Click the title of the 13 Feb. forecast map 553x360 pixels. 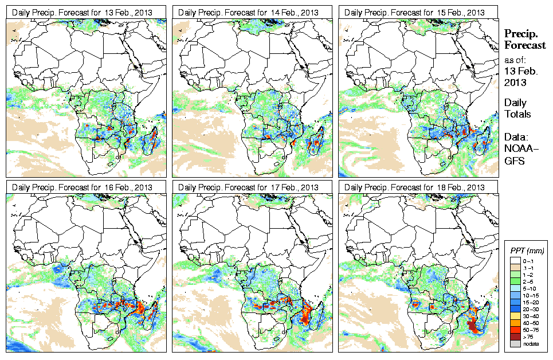tap(83, 13)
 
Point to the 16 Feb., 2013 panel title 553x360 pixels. tap(83, 187)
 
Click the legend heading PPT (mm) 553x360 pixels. tap(527, 251)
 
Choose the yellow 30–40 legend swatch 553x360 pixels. tap(515, 316)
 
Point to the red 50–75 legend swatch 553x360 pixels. tap(515, 330)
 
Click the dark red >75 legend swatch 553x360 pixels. tap(515, 336)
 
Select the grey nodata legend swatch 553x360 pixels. tap(515, 344)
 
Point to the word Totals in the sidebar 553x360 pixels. tap(517, 114)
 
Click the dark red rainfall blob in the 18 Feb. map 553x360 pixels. tap(472, 326)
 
